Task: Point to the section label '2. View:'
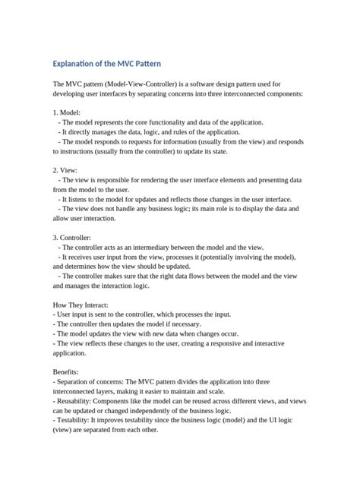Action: pyautogui.click(x=66, y=171)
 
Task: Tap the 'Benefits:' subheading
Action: pyautogui.click(x=68, y=372)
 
